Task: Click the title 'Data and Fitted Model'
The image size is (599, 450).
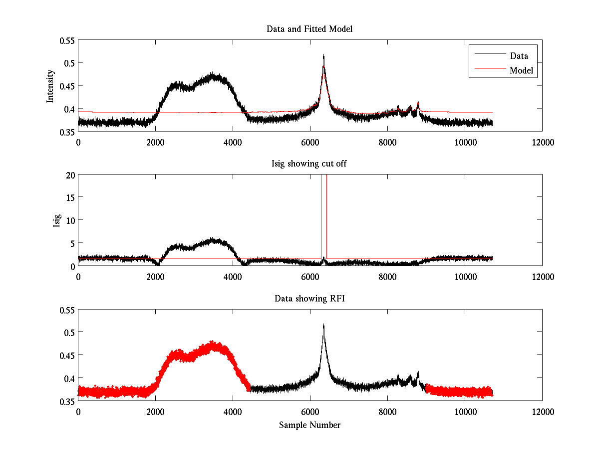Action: click(x=309, y=29)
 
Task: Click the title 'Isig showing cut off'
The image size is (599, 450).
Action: click(x=309, y=164)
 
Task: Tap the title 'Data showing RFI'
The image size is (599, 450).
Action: click(x=309, y=298)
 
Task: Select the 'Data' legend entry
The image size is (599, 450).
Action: click(x=519, y=56)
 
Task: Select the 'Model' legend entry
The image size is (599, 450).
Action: click(x=521, y=70)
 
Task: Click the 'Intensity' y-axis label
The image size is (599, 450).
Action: click(x=50, y=85)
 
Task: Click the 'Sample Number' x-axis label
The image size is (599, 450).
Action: click(x=309, y=425)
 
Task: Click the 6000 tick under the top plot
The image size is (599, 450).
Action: click(x=310, y=142)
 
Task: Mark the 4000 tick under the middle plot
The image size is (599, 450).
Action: click(x=233, y=276)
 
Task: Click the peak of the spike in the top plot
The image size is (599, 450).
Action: click(x=323, y=55)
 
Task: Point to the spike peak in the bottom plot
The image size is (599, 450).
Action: click(x=323, y=324)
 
